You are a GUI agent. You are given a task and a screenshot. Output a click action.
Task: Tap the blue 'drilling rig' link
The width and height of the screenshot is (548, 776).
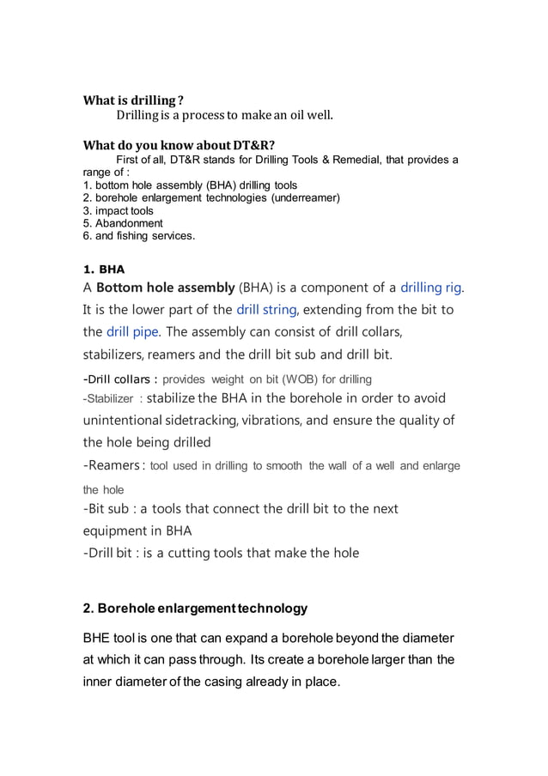click(x=436, y=287)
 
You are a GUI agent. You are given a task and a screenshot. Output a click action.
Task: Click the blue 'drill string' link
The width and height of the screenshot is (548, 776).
click(x=266, y=309)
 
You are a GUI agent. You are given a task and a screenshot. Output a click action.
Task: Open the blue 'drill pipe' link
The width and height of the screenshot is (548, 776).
click(x=133, y=331)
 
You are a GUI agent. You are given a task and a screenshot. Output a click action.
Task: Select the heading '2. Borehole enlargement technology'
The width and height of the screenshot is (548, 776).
click(x=195, y=609)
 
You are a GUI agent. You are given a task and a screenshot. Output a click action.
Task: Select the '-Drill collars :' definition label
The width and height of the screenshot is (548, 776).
click(x=119, y=379)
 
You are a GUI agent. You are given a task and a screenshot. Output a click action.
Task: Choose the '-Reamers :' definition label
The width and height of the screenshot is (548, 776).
click(x=112, y=465)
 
